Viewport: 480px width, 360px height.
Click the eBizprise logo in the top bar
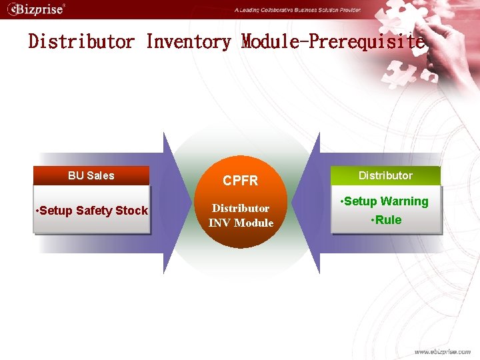pyautogui.click(x=36, y=9)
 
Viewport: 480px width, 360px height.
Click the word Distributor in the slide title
pyautogui.click(x=81, y=42)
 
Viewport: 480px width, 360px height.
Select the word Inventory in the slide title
pyautogui.click(x=189, y=42)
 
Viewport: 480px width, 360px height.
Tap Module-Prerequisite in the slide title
pyautogui.click(x=332, y=42)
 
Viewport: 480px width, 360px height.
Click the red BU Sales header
pyautogui.click(x=91, y=175)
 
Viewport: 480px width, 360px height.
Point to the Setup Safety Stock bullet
pyautogui.click(x=91, y=211)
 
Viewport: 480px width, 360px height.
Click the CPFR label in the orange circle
pyautogui.click(x=240, y=181)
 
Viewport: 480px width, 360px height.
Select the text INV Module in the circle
pyautogui.click(x=241, y=223)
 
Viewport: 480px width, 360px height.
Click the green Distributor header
pyautogui.click(x=385, y=175)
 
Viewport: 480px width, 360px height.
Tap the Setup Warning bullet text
pyautogui.click(x=383, y=201)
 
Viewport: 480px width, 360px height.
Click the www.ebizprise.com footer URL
pyautogui.click(x=442, y=351)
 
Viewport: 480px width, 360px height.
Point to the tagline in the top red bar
pyautogui.click(x=297, y=10)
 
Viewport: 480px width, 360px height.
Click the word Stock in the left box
pyautogui.click(x=131, y=211)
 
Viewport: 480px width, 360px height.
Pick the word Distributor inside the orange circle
pyautogui.click(x=241, y=208)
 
